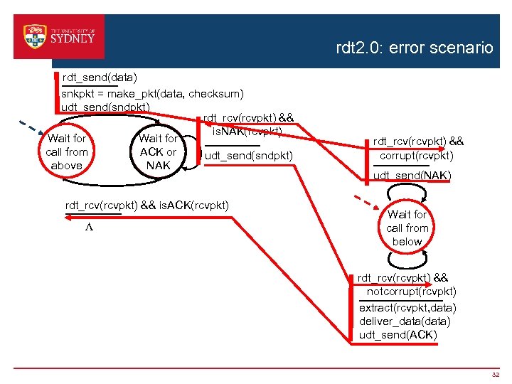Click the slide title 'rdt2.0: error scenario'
coord(414,48)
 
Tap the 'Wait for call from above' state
coord(66,151)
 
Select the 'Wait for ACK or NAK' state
coord(158,151)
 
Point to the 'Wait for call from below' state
coord(407,228)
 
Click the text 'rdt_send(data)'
coord(100,76)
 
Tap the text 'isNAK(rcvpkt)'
coord(247,132)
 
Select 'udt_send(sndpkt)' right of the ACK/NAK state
coord(248,155)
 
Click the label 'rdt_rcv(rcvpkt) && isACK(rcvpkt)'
coord(147,206)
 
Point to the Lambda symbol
coord(89,228)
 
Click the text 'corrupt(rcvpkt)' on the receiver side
coord(416,155)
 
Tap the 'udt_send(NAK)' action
coord(412,175)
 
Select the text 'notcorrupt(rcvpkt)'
coord(412,291)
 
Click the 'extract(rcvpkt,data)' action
coord(407,307)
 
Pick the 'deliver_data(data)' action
coord(405,321)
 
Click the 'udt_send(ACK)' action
coord(398,334)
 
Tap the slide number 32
coord(496,374)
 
